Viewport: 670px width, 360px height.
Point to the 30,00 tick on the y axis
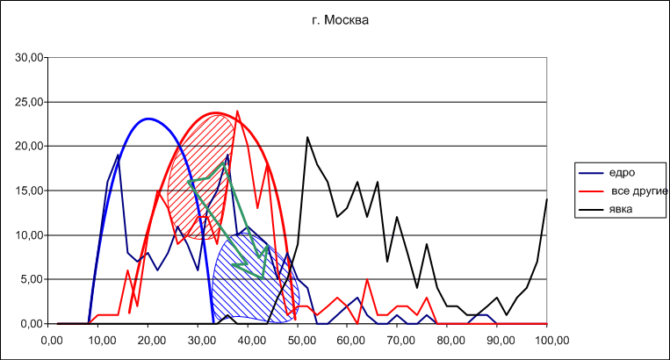[29, 58]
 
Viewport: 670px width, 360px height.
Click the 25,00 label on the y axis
[29, 102]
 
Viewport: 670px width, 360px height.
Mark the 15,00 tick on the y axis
[29, 191]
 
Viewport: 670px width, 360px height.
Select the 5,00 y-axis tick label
[32, 279]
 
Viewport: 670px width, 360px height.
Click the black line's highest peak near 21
[307, 137]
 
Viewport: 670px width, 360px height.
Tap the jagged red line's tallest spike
[237, 111]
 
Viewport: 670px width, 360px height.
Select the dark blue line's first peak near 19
[119, 155]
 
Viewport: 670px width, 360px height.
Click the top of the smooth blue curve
[149, 119]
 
